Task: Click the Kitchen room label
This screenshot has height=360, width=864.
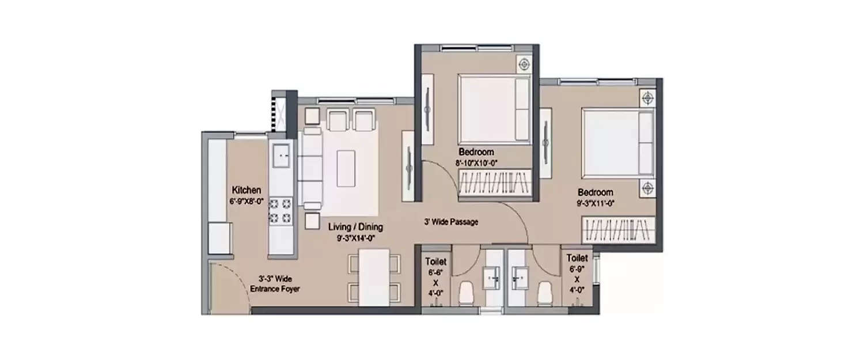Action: [247, 190]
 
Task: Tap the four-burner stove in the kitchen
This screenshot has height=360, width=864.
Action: [281, 211]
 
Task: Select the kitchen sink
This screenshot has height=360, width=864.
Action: [282, 155]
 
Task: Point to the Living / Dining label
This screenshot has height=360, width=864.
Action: [355, 227]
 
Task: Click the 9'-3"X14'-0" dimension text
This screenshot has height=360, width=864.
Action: [355, 237]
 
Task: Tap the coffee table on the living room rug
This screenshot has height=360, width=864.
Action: [346, 168]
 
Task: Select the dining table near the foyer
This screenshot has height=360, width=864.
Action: [374, 276]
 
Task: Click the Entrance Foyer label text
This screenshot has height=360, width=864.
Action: [276, 290]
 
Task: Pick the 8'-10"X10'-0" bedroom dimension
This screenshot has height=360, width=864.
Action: [476, 163]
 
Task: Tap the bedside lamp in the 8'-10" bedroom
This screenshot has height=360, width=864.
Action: [524, 65]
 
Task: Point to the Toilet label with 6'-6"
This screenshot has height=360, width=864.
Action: [435, 260]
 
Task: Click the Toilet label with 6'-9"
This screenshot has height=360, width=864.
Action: [577, 258]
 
